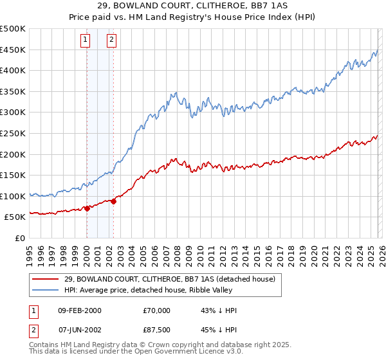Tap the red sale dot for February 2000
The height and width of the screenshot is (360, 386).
point(87,208)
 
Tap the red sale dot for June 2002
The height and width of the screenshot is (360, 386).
point(113,201)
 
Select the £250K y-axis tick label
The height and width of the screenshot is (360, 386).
point(14,133)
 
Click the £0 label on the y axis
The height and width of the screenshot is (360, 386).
point(19,238)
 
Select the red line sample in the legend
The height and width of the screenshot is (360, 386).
point(46,278)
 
